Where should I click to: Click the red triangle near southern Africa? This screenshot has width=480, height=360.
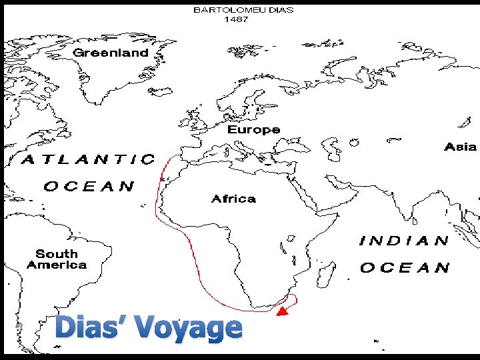tap(282, 311)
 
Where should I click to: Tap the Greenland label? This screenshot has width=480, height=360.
tap(111, 53)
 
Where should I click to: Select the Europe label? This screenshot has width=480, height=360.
tap(253, 129)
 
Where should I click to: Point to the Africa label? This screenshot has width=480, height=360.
tap(233, 199)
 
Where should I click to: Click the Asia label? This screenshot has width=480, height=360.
tap(461, 147)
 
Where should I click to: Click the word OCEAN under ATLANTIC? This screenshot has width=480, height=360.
tap(89, 186)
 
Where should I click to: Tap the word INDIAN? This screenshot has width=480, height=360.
tap(404, 241)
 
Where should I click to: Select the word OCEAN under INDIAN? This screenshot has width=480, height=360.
tap(405, 268)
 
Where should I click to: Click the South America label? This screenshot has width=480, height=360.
tap(57, 259)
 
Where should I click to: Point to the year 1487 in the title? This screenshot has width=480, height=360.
tap(237, 19)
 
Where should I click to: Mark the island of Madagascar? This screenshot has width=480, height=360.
tap(326, 273)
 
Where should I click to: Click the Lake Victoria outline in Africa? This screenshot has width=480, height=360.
tap(291, 237)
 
